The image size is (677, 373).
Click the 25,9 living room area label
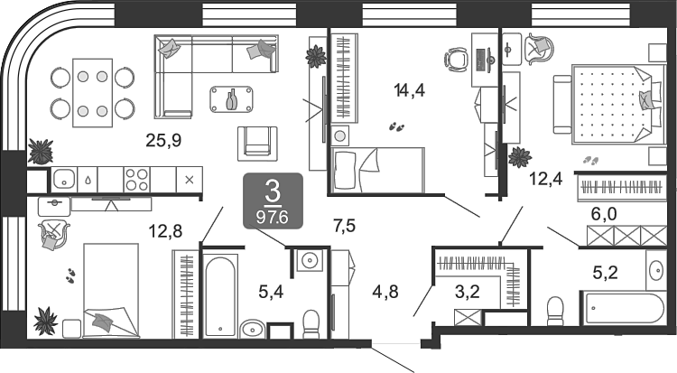coord(163,141)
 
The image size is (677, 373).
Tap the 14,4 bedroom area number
coord(409,90)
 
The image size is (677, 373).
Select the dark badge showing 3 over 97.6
coord(273,200)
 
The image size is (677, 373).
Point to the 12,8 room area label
coord(165,232)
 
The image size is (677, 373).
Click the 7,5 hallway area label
coord(345,226)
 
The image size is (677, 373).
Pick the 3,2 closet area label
coord(468,293)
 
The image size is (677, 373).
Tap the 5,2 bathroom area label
coord(606,273)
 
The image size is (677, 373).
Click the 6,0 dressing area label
coord(604,214)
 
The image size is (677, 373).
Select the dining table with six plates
coord(92,93)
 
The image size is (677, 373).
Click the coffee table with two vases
coord(232,99)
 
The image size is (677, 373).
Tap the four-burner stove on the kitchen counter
coord(137,180)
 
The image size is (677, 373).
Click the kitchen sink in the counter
coord(64,179)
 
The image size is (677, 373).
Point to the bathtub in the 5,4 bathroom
coord(220,295)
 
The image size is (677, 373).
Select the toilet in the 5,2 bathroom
coord(555,311)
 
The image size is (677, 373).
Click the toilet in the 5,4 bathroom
coord(311,323)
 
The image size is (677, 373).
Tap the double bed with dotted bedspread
coord(609,104)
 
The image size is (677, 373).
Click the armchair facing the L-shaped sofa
coord(257,144)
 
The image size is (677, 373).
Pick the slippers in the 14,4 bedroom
coord(396,126)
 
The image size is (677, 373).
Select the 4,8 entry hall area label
coord(385,293)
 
